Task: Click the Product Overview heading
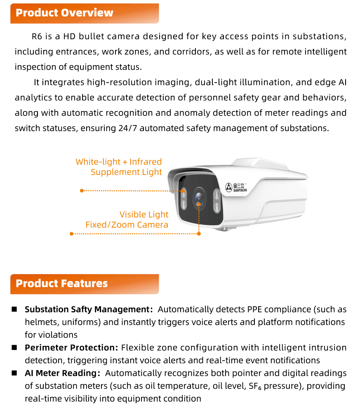click(64, 13)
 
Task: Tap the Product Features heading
click(61, 284)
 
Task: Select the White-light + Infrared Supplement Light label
click(119, 167)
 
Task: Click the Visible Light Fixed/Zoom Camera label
click(127, 220)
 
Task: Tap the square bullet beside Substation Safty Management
click(14, 309)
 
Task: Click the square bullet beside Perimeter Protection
click(14, 347)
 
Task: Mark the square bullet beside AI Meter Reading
click(14, 373)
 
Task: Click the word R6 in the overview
click(37, 36)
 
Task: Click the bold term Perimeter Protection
click(71, 347)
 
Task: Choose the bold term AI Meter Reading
click(61, 373)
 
